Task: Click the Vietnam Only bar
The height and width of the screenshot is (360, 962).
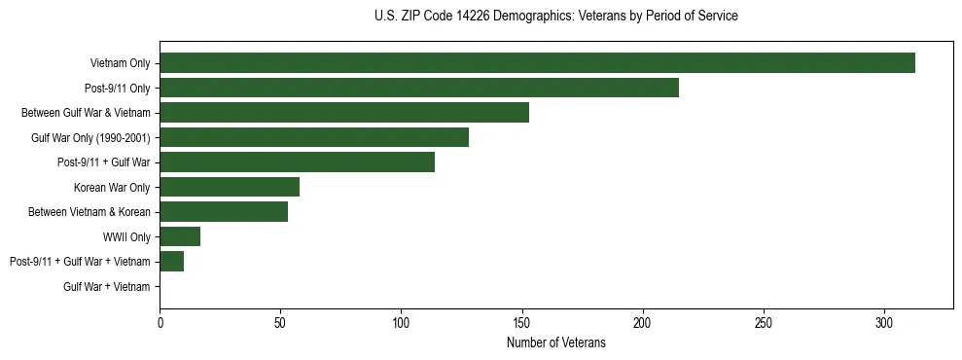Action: tap(537, 63)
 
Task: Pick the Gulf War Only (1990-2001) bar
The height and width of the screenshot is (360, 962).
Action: tap(314, 137)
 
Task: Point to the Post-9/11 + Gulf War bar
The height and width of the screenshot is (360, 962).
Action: tap(297, 162)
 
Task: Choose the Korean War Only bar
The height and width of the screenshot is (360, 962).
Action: tap(230, 187)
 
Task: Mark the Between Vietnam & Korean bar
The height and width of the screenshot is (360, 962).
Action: tap(224, 212)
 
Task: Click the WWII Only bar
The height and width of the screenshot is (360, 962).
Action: tap(180, 236)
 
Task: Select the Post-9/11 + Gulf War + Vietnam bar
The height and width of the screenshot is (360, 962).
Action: tap(172, 262)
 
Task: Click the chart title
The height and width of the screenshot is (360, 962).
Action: tap(555, 17)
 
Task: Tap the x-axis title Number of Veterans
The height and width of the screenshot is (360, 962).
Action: tap(555, 343)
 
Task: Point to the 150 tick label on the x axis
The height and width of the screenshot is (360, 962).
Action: tap(522, 322)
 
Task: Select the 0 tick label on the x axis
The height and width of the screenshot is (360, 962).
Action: tap(160, 322)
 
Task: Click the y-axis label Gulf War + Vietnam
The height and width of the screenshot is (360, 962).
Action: tap(107, 287)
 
